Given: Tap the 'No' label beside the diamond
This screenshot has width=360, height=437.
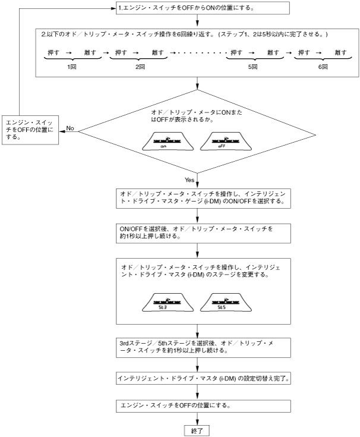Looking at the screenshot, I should (70, 128).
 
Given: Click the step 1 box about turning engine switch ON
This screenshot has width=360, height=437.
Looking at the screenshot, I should (202, 8).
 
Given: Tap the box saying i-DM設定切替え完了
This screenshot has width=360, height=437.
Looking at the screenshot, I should (202, 378).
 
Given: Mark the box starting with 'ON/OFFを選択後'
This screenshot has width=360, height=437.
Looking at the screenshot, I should (202, 232).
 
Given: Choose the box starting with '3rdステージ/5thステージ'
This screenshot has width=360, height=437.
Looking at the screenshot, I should (202, 347).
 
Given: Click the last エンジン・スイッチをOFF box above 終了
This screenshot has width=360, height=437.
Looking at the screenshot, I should (202, 405).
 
